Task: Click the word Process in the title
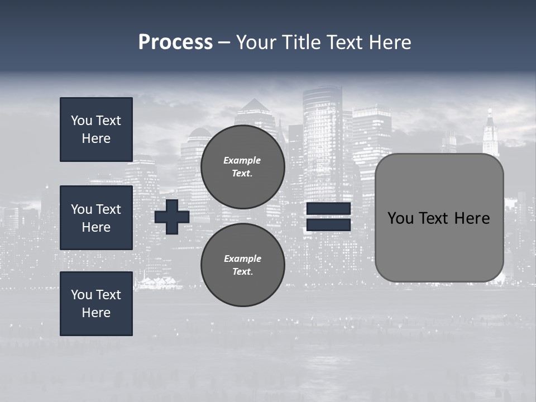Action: [x=175, y=42]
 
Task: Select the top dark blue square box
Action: [x=96, y=130]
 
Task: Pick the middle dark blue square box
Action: [x=96, y=218]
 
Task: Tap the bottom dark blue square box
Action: [x=96, y=304]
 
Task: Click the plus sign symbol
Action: [x=172, y=217]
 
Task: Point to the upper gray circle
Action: [x=242, y=167]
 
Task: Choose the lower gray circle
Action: [x=242, y=265]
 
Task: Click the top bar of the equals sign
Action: [x=328, y=209]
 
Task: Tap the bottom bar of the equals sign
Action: [x=328, y=225]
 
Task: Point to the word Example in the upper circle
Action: [x=242, y=160]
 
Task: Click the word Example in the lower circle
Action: [x=242, y=259]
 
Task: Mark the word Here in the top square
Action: [x=96, y=138]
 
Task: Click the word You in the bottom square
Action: [x=81, y=295]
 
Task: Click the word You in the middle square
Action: [x=81, y=209]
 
